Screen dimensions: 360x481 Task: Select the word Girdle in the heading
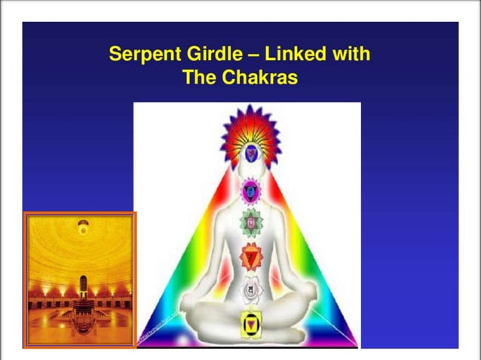click(x=207, y=55)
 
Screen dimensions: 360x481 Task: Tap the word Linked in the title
click(x=293, y=55)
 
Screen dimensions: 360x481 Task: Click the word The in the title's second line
click(x=200, y=78)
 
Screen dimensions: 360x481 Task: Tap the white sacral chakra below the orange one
click(x=250, y=290)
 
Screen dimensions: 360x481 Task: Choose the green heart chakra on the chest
click(x=250, y=223)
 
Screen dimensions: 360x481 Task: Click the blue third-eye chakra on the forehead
click(x=250, y=154)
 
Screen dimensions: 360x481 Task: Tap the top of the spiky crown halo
click(x=250, y=108)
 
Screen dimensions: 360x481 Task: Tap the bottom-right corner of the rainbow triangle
click(x=354, y=343)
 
